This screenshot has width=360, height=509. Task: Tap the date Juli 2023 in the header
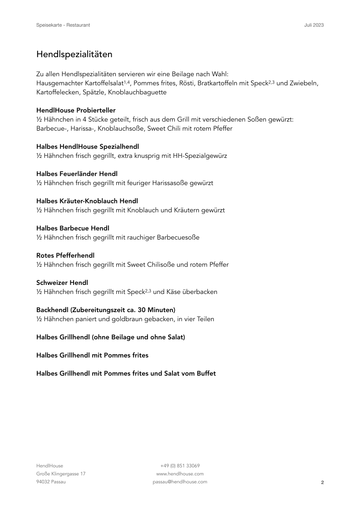pos(314,25)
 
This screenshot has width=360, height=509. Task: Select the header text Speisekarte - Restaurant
pos(63,25)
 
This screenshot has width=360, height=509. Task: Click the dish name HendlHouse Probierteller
pos(76,110)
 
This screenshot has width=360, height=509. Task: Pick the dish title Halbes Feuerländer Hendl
pos(76,174)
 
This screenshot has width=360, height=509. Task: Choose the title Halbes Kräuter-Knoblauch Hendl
pos(87,201)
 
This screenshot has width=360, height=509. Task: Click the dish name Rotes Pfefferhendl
pos(65,255)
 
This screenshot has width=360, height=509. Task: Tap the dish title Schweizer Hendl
pos(62,283)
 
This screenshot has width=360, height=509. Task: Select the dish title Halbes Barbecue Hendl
pos(73,228)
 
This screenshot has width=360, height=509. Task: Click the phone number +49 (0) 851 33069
pos(180,465)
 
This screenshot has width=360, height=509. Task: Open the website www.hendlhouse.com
pos(180,474)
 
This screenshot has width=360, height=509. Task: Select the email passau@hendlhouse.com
pos(180,482)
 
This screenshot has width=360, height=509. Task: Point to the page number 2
pos(322,483)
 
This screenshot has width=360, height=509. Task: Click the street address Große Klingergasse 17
pos(61,474)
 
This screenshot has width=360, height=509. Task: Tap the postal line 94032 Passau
pos(51,482)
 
